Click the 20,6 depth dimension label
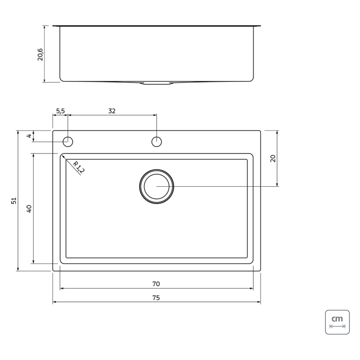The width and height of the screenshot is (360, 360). pyautogui.click(x=40, y=54)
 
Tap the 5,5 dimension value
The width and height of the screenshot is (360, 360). pyautogui.click(x=61, y=111)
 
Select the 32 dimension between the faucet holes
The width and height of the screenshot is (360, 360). pyautogui.click(x=112, y=111)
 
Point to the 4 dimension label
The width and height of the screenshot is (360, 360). pyautogui.click(x=29, y=136)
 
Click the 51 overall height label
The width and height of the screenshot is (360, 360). pyautogui.click(x=14, y=201)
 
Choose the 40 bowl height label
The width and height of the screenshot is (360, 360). pyautogui.click(x=29, y=209)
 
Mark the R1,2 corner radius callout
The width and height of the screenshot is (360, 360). pyautogui.click(x=78, y=167)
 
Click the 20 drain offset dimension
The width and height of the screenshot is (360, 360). pyautogui.click(x=273, y=158)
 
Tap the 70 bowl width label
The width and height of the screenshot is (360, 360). pyautogui.click(x=156, y=284)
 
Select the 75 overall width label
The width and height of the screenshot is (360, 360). pyautogui.click(x=156, y=298)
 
